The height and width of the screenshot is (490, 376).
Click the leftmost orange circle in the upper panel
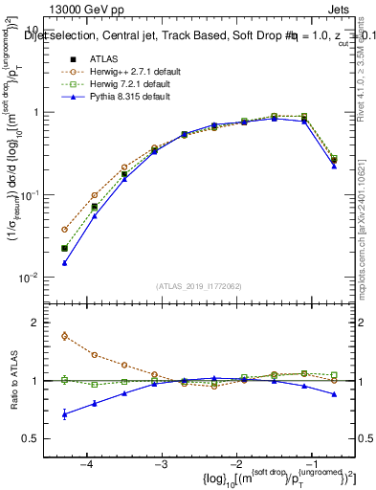click(x=64, y=230)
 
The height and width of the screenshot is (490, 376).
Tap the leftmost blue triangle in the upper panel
click(x=64, y=262)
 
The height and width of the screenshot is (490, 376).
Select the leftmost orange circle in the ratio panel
click(x=64, y=336)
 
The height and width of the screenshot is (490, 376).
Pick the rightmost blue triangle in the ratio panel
click(x=334, y=394)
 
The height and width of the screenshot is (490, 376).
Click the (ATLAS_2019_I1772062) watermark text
click(x=200, y=285)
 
